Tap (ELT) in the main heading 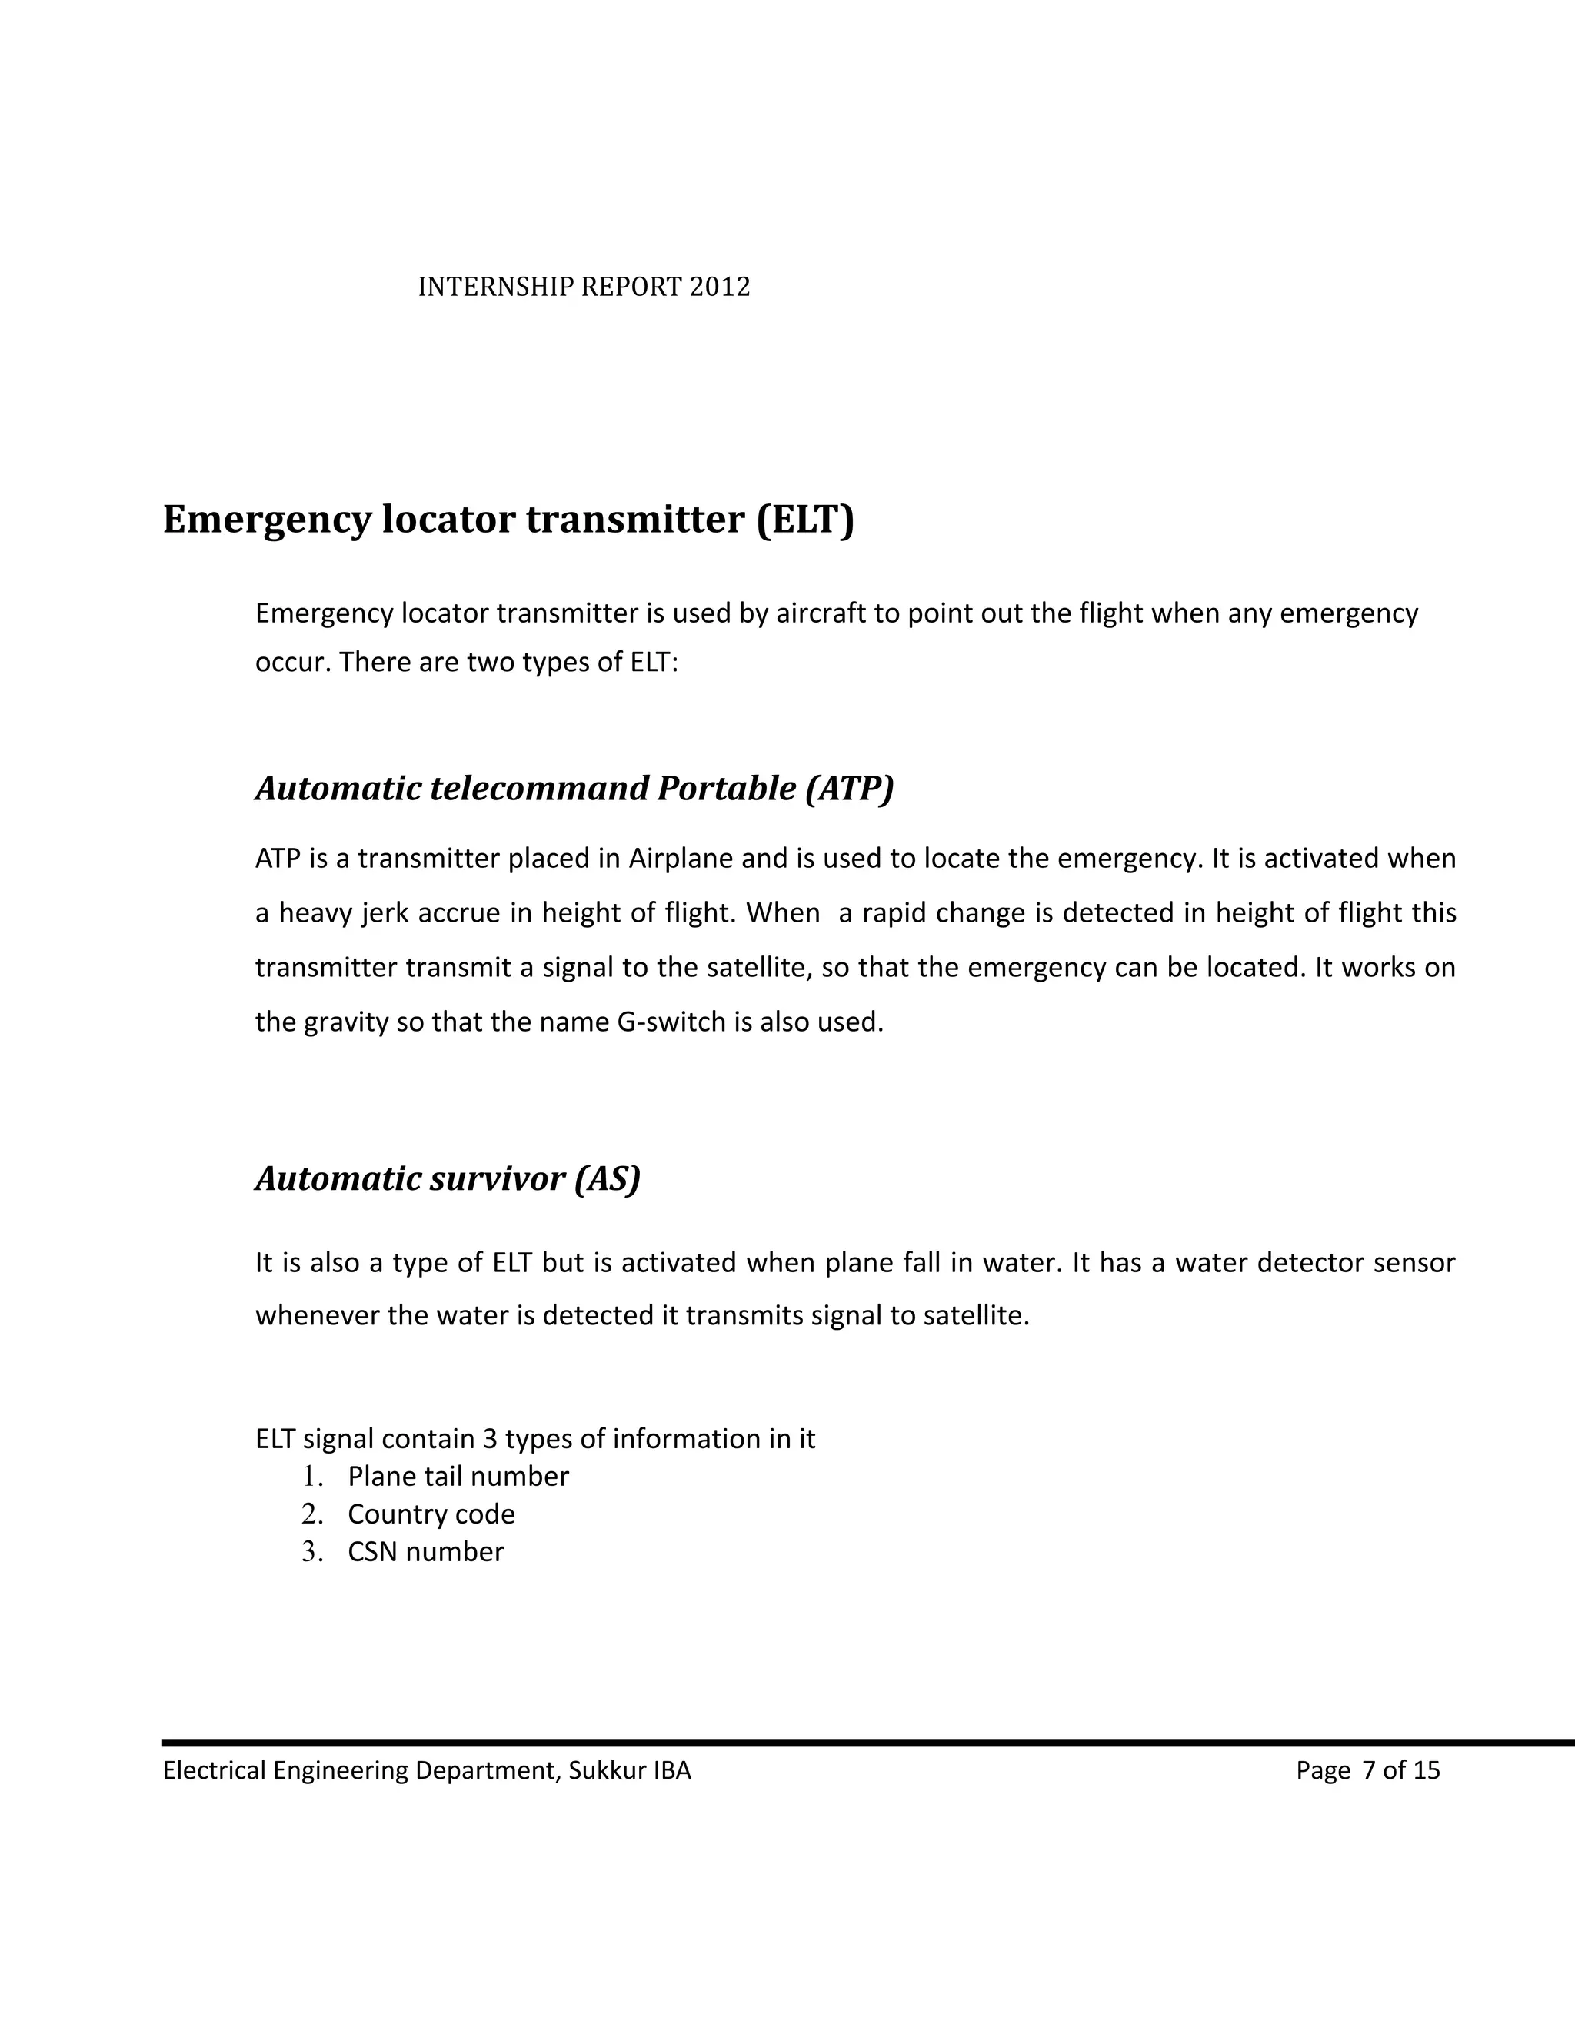coord(804,520)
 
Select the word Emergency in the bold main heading coord(267,520)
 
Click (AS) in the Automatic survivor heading coord(607,1179)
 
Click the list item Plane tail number coord(458,1477)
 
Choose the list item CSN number coord(425,1552)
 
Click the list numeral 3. coord(311,1552)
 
